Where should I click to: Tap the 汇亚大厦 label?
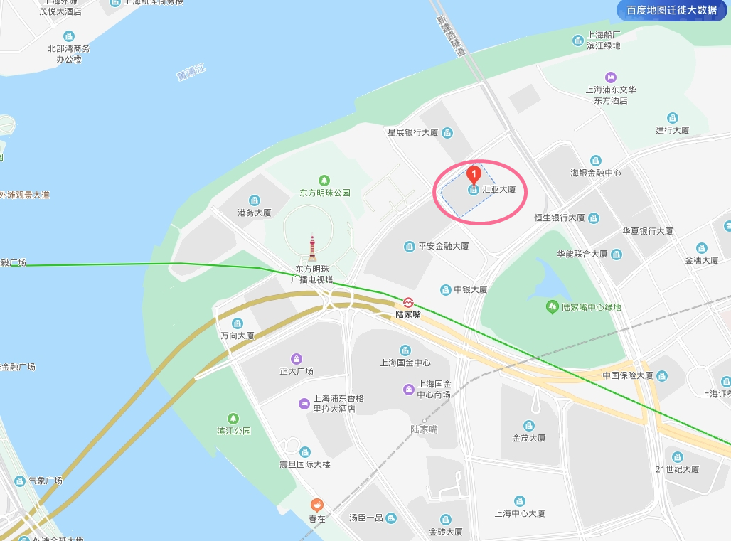pos(498,190)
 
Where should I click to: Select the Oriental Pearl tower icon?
pos(311,249)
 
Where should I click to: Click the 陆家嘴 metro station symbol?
pos(408,301)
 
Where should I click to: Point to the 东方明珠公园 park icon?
pos(324,180)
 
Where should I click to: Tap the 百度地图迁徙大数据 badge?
pos(671,10)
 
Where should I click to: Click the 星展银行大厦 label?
pos(412,132)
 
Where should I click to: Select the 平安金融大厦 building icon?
pos(410,247)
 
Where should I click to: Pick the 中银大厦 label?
pos(471,289)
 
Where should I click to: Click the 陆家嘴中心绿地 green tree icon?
pos(552,307)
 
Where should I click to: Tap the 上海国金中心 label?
pos(405,363)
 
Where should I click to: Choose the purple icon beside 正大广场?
pos(297,358)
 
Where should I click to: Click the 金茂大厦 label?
pos(529,438)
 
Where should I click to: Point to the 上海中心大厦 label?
pos(520,513)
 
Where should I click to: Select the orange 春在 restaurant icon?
pos(316,505)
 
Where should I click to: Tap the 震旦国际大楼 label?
pos(305,464)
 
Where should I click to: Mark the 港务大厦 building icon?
pos(255,200)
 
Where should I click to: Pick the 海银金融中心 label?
pos(596,173)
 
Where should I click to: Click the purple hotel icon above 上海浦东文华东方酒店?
pos(610,77)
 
